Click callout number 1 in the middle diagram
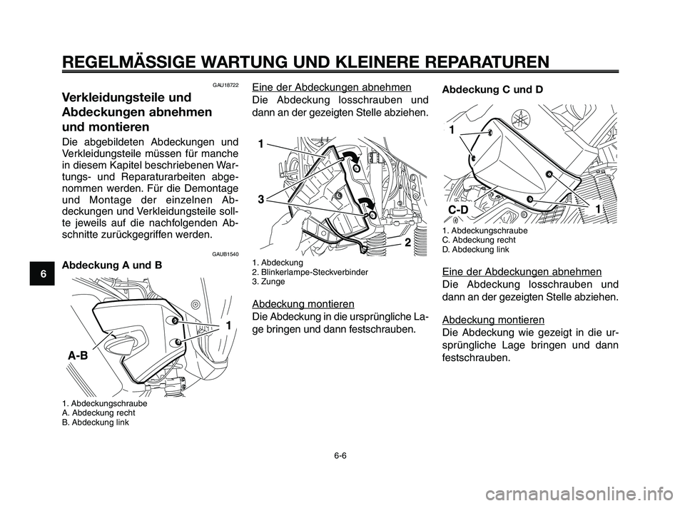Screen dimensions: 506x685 tap(262, 143)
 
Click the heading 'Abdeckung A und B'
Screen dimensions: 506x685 tap(112, 265)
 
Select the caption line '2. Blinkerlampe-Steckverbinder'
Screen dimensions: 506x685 tap(310, 273)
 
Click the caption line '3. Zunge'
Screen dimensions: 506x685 tap(269, 282)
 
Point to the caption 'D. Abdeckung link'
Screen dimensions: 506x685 tap(476, 250)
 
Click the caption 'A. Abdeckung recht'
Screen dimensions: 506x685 tap(96, 413)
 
